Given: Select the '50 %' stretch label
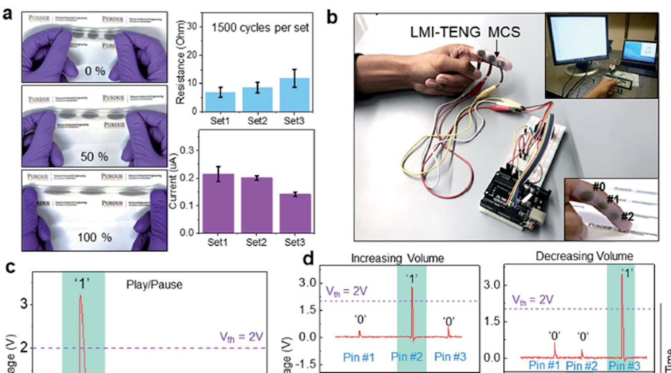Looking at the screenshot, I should tap(94, 156).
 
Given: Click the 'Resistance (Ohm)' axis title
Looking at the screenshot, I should tap(179, 64).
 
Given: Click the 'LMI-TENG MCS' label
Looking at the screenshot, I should tap(462, 31).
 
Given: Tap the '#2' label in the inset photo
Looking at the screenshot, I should tap(628, 216).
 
